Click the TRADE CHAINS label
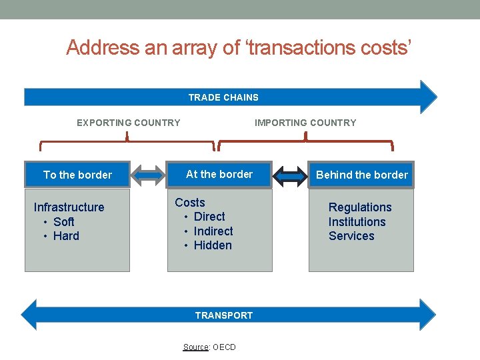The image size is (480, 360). [223, 97]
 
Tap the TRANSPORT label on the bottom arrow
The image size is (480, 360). [224, 315]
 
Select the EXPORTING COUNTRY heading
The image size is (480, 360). [128, 123]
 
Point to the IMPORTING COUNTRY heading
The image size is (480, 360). [305, 123]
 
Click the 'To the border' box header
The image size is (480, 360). [77, 175]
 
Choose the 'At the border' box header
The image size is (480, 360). [219, 174]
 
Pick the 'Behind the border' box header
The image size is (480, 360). [361, 175]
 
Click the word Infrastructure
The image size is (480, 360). [69, 207]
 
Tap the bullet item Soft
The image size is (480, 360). [63, 222]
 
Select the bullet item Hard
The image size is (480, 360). [66, 236]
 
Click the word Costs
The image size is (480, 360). [190, 203]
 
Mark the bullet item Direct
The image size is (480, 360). [209, 217]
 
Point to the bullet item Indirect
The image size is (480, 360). [213, 231]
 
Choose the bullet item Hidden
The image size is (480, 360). [213, 245]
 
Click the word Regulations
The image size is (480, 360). [360, 207]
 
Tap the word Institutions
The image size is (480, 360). [357, 222]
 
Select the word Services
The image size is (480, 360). [351, 236]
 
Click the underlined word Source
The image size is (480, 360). [195, 347]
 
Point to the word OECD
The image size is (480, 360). [224, 347]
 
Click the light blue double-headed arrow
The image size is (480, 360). [149, 175]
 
